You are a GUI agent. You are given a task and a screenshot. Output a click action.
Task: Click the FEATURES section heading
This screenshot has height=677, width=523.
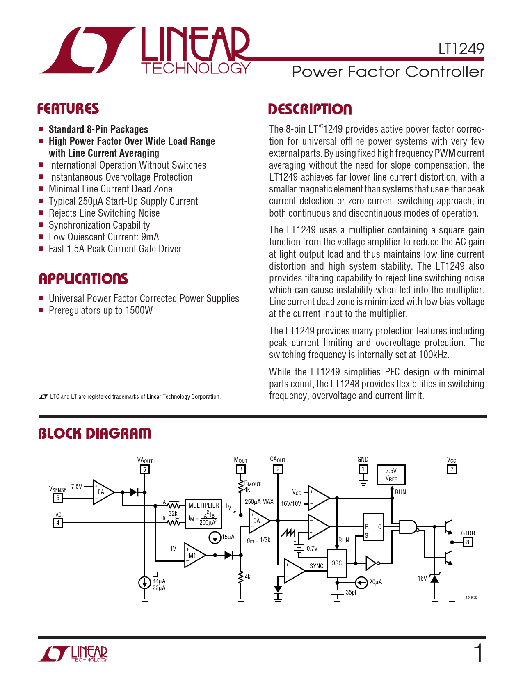click(68, 109)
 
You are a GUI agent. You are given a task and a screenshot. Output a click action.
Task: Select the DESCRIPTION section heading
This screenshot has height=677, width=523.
click(310, 110)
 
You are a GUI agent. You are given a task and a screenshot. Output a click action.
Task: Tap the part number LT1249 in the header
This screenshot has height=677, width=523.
click(461, 49)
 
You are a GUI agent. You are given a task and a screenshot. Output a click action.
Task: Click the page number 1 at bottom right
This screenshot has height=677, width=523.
click(478, 653)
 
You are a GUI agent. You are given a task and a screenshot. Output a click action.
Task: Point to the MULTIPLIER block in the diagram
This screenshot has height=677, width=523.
click(203, 514)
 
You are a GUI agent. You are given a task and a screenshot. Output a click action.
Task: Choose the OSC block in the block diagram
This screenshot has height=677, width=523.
click(337, 563)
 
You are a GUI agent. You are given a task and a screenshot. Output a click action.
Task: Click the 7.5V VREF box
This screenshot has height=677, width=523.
click(391, 475)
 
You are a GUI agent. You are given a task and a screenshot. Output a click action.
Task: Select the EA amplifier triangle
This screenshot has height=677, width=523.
click(102, 492)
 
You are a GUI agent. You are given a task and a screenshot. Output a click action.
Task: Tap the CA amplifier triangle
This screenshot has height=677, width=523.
click(258, 521)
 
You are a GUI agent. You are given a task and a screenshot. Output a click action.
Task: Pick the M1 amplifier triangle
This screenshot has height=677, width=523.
click(194, 555)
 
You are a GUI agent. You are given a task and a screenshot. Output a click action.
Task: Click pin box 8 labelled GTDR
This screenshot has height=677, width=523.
click(468, 542)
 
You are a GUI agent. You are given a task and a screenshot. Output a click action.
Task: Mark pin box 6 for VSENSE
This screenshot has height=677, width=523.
click(58, 498)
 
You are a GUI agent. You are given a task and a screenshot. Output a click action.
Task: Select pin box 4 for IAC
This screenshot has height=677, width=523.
click(58, 523)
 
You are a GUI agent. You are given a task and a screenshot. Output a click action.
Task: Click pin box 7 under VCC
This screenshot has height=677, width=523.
click(452, 469)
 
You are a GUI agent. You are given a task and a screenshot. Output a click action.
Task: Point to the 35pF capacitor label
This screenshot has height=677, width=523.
click(351, 592)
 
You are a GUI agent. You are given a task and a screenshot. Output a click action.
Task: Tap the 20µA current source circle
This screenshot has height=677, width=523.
click(361, 582)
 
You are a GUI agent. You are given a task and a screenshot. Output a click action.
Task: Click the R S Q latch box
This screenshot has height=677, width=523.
click(373, 527)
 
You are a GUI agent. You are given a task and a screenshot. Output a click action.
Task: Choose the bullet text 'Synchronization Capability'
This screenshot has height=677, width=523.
click(99, 225)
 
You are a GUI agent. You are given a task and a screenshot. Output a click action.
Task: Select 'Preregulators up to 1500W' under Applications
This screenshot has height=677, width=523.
click(100, 311)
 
